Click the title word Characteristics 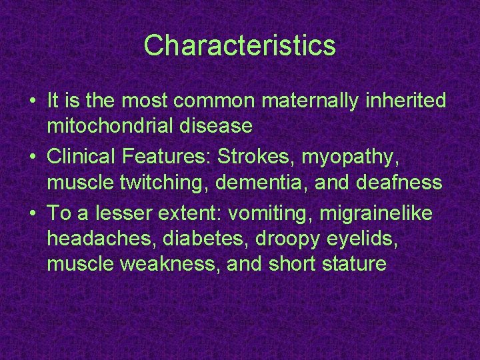pos(239,46)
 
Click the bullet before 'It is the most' pos(33,101)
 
